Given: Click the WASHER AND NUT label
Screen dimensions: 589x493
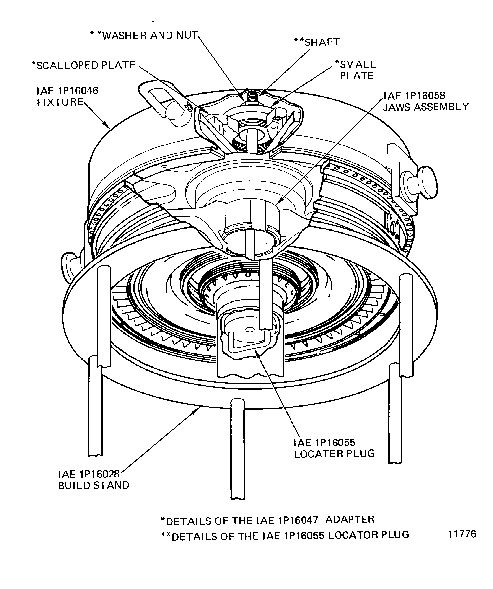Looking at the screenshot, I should point(144,36).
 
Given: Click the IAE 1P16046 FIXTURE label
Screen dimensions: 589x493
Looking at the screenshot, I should point(67,96).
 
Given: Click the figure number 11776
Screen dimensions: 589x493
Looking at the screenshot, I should point(462,534).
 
